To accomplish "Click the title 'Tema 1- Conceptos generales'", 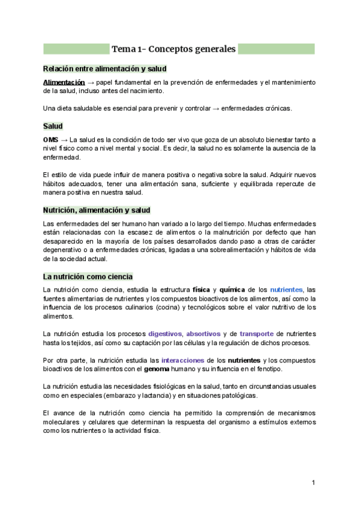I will point(174,49).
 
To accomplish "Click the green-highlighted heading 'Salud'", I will point(53,127).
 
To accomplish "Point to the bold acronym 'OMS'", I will point(51,139).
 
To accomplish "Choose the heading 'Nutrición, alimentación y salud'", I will point(97,210).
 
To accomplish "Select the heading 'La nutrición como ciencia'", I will point(88,277).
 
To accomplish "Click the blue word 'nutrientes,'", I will point(287,289).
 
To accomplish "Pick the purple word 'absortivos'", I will point(203,333).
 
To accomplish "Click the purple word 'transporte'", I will point(256,333).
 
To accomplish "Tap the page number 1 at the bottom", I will point(313,483).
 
